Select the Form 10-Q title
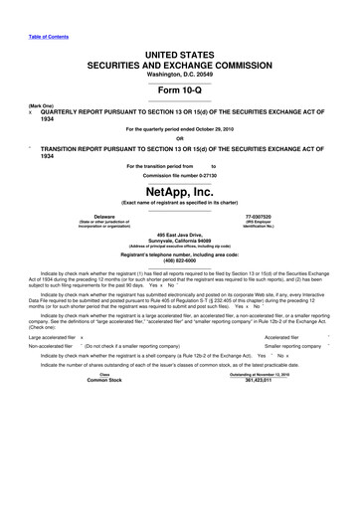coord(180,84)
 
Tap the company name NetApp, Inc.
coord(180,191)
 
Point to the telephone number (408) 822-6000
coord(180,261)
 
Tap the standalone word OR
coord(180,138)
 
